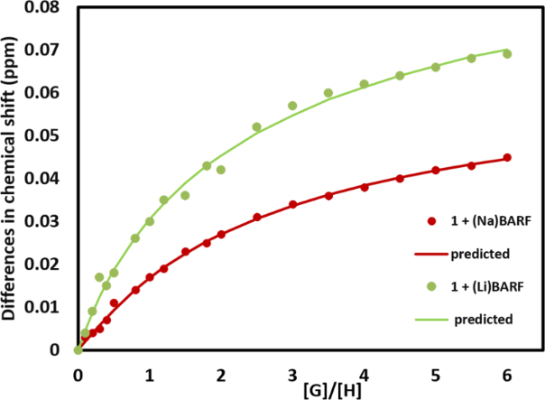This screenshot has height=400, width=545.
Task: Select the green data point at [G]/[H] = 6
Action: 507,54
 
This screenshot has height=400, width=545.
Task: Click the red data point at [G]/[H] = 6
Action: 507,157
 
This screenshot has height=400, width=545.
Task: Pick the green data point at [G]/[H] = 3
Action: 292,106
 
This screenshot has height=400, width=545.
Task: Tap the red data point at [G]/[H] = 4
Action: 365,187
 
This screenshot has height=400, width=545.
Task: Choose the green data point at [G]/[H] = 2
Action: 221,170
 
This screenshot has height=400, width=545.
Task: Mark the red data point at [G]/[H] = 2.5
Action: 257,218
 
